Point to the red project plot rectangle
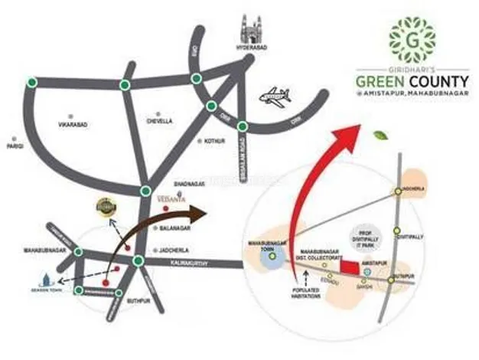(350, 266)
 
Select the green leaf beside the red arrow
(379, 136)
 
